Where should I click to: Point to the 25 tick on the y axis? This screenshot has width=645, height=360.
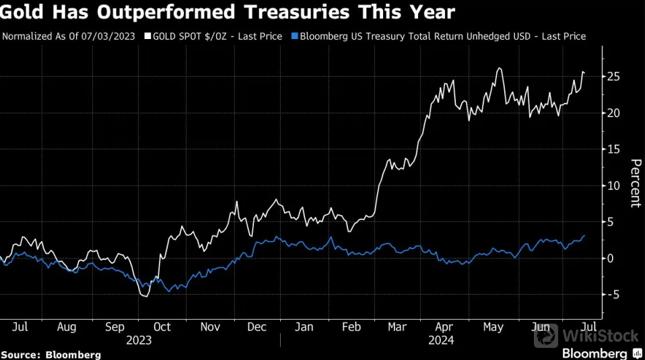[x=613, y=77]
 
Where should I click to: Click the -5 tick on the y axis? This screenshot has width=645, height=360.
[x=613, y=294]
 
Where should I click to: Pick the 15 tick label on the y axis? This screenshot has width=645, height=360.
[x=613, y=149]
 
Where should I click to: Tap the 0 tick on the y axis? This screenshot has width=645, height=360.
[x=610, y=258]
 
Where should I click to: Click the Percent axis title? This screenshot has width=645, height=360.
[x=634, y=183]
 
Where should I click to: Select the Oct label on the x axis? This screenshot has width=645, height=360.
[x=162, y=327]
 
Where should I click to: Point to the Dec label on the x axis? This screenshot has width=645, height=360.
[x=257, y=327]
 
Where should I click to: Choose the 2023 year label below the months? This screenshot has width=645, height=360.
[x=139, y=340]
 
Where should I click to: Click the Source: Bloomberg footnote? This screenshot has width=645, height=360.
[x=51, y=354]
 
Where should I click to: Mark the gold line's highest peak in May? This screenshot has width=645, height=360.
[x=499, y=68]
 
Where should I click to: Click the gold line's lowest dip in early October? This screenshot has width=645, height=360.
[x=145, y=296]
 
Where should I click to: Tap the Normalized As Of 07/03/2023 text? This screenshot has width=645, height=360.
[x=69, y=36]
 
